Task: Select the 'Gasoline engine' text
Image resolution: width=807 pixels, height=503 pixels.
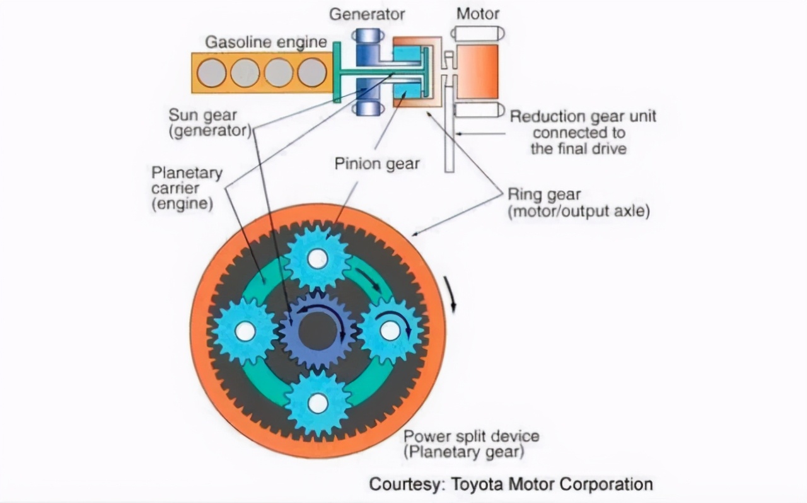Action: click(266, 42)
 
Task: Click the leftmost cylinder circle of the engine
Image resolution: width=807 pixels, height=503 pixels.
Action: click(211, 72)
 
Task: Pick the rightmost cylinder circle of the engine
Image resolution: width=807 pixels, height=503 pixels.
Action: click(312, 72)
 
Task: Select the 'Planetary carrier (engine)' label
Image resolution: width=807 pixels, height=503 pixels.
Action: click(187, 188)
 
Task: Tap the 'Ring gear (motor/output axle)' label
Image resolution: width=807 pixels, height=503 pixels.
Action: click(578, 202)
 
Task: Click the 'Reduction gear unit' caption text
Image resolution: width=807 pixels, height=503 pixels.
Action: click(583, 117)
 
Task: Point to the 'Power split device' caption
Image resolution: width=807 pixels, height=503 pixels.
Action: click(471, 436)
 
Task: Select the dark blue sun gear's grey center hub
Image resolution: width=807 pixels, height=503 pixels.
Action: click(316, 330)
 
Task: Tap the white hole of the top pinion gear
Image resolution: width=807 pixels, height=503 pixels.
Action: click(318, 258)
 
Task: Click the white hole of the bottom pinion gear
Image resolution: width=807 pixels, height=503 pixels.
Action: click(318, 403)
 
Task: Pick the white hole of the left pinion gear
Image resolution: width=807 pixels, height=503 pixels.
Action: click(245, 331)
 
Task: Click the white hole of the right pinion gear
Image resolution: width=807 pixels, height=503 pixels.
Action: click(390, 330)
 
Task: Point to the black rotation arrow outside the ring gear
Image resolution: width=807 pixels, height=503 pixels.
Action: click(451, 294)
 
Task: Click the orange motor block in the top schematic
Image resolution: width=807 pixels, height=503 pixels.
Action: click(477, 71)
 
